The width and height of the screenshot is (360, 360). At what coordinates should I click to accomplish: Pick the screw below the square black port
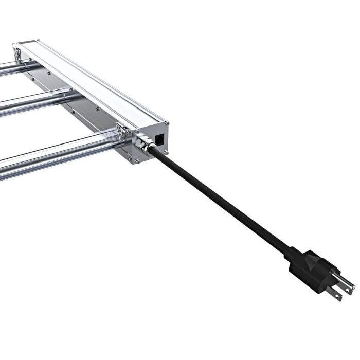(x=166, y=152)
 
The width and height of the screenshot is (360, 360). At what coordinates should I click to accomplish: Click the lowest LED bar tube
(x=51, y=154)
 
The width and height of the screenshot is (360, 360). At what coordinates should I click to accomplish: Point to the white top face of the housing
(x=93, y=82)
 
